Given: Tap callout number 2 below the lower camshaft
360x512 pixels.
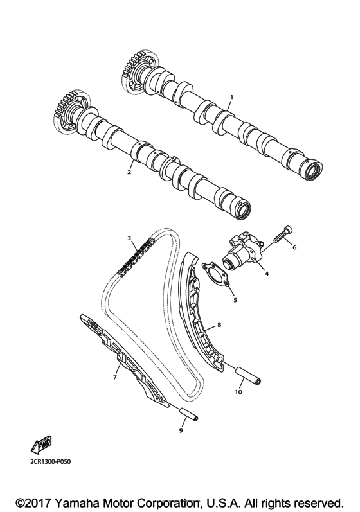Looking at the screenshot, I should click(129, 172).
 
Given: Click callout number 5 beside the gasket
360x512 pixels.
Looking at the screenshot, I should click(235, 299).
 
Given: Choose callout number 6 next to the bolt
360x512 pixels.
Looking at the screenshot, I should click(294, 247).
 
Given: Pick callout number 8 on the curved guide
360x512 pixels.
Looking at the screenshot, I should click(219, 326).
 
